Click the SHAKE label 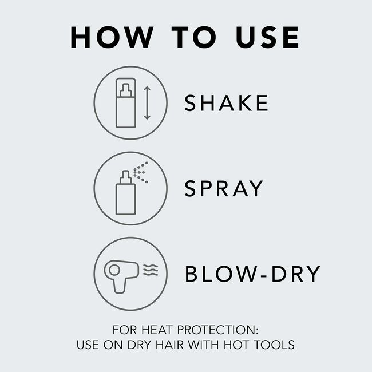226,103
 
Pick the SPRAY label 223,188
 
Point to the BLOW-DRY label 252,274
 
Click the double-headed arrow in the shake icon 147,103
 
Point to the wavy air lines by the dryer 150,271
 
